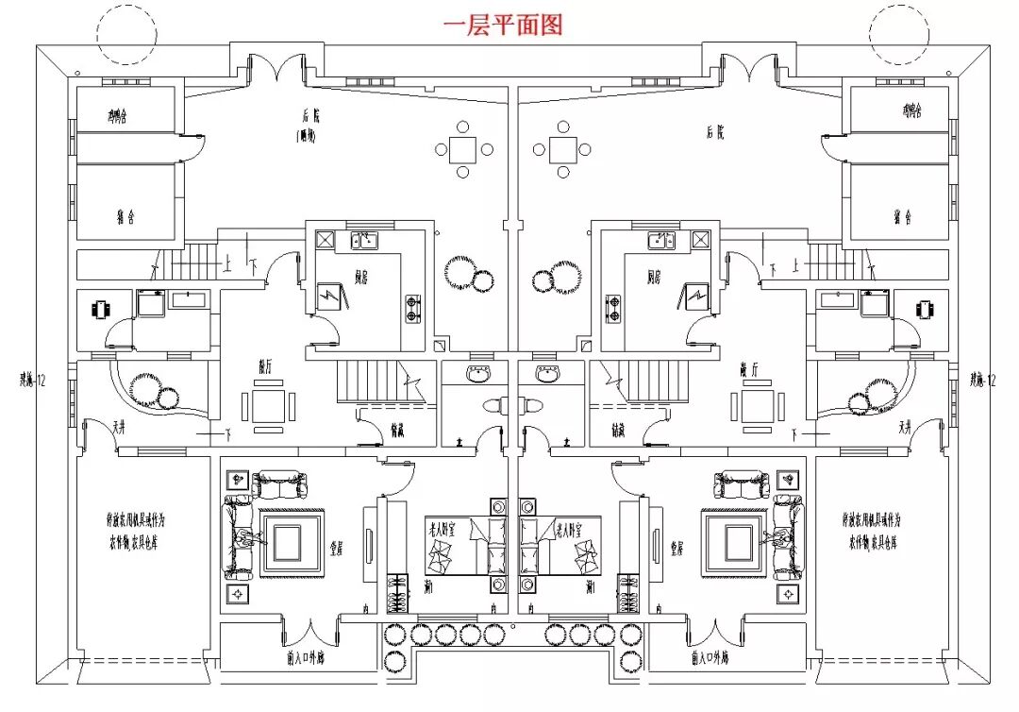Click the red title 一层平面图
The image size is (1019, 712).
point(503,25)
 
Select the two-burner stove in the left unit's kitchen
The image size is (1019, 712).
point(412,304)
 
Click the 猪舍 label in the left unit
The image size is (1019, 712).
point(125,218)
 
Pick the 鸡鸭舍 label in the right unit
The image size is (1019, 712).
point(910,112)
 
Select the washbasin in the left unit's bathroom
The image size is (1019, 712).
point(476,375)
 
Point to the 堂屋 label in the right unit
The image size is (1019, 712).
point(676,547)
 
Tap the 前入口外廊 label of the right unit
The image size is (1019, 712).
point(708,657)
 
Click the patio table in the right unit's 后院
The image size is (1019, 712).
point(563,148)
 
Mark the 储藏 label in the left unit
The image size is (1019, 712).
point(398,431)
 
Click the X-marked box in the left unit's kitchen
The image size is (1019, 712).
point(325,239)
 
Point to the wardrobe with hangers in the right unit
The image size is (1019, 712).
point(626,593)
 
